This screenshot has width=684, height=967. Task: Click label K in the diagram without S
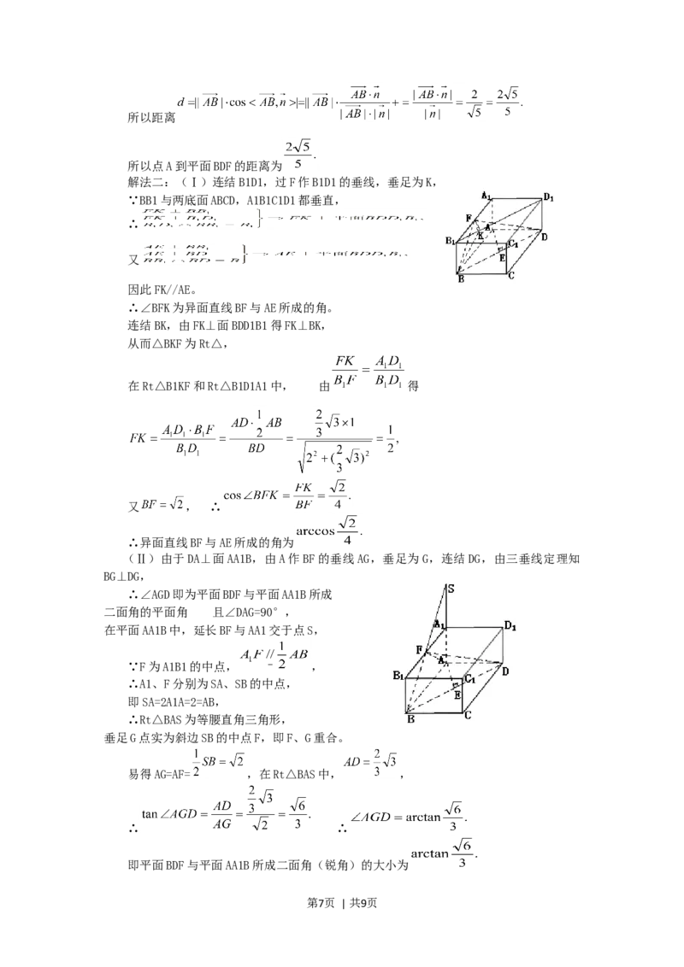pyautogui.click(x=481, y=235)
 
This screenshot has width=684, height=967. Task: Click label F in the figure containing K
pyautogui.click(x=468, y=219)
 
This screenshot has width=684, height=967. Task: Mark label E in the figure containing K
pyautogui.click(x=503, y=255)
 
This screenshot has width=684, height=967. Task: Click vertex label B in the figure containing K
pyautogui.click(x=460, y=278)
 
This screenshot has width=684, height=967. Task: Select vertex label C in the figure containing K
pyautogui.click(x=510, y=275)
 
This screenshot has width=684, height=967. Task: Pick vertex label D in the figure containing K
pyautogui.click(x=544, y=236)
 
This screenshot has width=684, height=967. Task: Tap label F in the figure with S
pyautogui.click(x=419, y=650)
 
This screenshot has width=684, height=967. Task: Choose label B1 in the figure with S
pyautogui.click(x=398, y=676)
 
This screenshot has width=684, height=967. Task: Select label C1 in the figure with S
pyautogui.click(x=469, y=679)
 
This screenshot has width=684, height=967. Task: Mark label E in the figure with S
pyautogui.click(x=457, y=694)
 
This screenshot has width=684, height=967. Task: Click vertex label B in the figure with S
pyautogui.click(x=410, y=720)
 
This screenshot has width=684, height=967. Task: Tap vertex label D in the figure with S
pyautogui.click(x=505, y=671)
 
